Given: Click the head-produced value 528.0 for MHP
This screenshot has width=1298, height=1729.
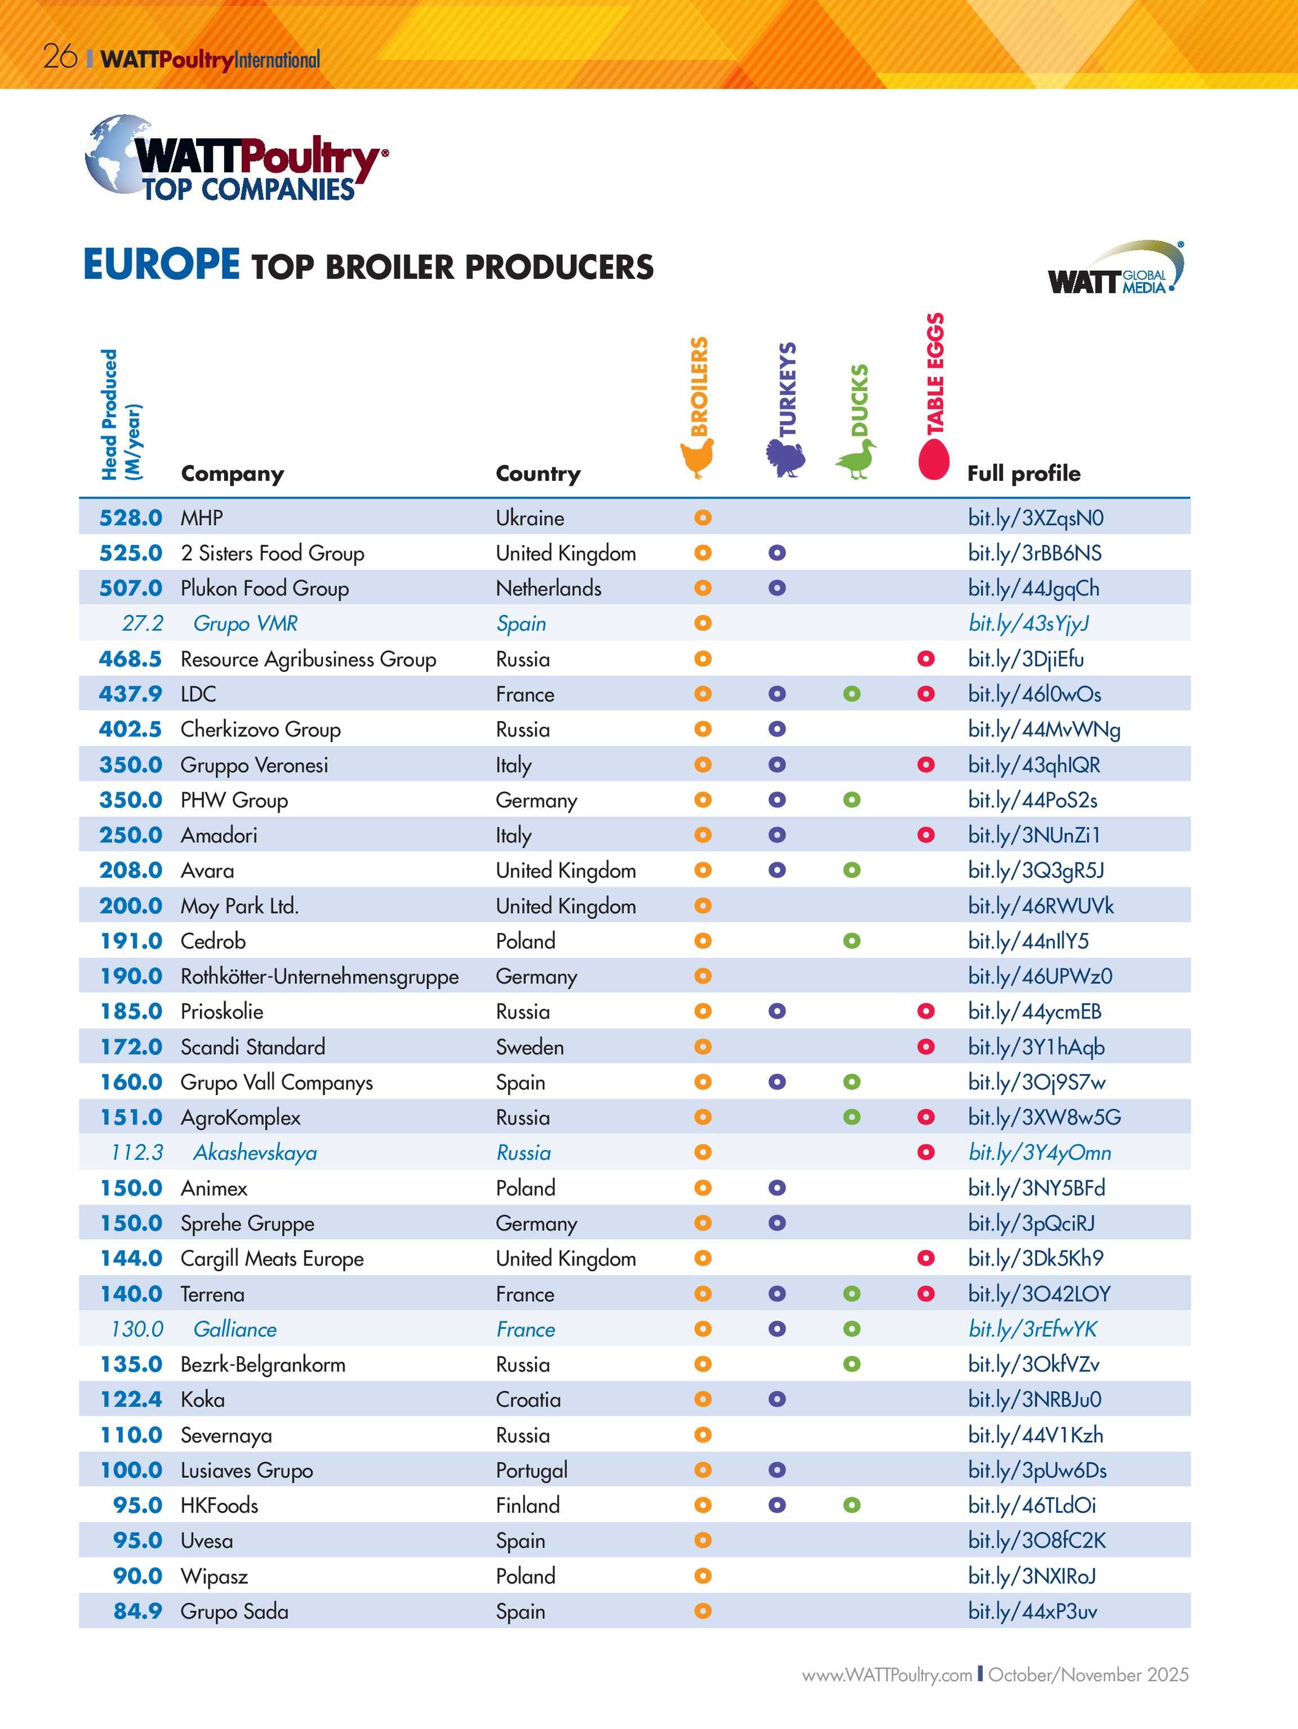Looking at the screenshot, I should pyautogui.click(x=131, y=517).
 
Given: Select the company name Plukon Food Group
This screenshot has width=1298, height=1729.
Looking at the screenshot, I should pyautogui.click(x=264, y=588).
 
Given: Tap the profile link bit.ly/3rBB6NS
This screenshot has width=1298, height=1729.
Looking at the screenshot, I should pyautogui.click(x=1034, y=553).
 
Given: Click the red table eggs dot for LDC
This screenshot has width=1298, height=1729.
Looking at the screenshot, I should pyautogui.click(x=926, y=693).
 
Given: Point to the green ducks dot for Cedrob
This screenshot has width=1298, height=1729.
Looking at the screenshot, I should pyautogui.click(x=851, y=940).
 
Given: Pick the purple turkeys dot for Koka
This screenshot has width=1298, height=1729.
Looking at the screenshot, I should pyautogui.click(x=776, y=1399).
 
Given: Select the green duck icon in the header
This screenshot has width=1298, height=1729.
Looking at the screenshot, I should pyautogui.click(x=855, y=459).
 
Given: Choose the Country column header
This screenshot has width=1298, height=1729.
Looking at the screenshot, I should pyautogui.click(x=538, y=473).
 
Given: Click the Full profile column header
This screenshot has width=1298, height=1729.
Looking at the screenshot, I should pyautogui.click(x=1024, y=473).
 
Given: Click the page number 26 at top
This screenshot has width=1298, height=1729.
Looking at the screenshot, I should pyautogui.click(x=59, y=57).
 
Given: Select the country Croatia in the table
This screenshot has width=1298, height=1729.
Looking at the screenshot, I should pyautogui.click(x=528, y=1399).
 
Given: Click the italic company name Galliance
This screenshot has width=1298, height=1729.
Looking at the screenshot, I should pyautogui.click(x=234, y=1329).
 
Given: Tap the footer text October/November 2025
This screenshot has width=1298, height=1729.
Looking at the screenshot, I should pyautogui.click(x=1088, y=1674).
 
